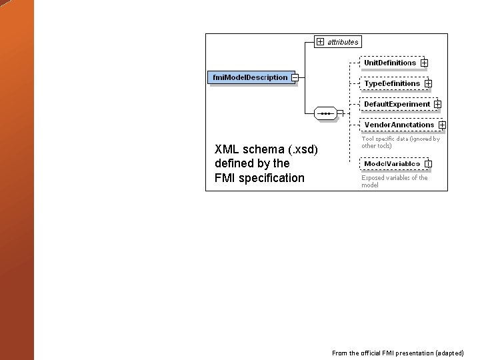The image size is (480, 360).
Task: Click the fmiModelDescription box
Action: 250,77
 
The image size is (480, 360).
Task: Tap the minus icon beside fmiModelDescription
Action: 295,77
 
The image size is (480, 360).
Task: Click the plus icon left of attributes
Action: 321,41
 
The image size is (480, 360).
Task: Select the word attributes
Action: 343,42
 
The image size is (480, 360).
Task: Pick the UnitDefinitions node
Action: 390,63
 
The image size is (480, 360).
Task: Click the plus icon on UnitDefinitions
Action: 425,63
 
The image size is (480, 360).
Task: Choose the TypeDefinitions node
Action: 392,83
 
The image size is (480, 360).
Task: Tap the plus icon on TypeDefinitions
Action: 428,83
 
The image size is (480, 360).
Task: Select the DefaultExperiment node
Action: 397,104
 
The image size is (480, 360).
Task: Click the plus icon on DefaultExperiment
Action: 437,104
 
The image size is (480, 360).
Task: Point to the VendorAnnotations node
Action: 399,125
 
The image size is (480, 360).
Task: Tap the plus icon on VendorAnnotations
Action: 442,125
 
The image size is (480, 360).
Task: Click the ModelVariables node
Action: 392,163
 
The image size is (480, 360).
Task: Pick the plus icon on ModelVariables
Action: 428,163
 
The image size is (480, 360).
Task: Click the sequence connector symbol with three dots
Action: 325,113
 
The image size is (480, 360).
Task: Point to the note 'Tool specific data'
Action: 400,142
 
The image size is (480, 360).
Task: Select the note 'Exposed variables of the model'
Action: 394,181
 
